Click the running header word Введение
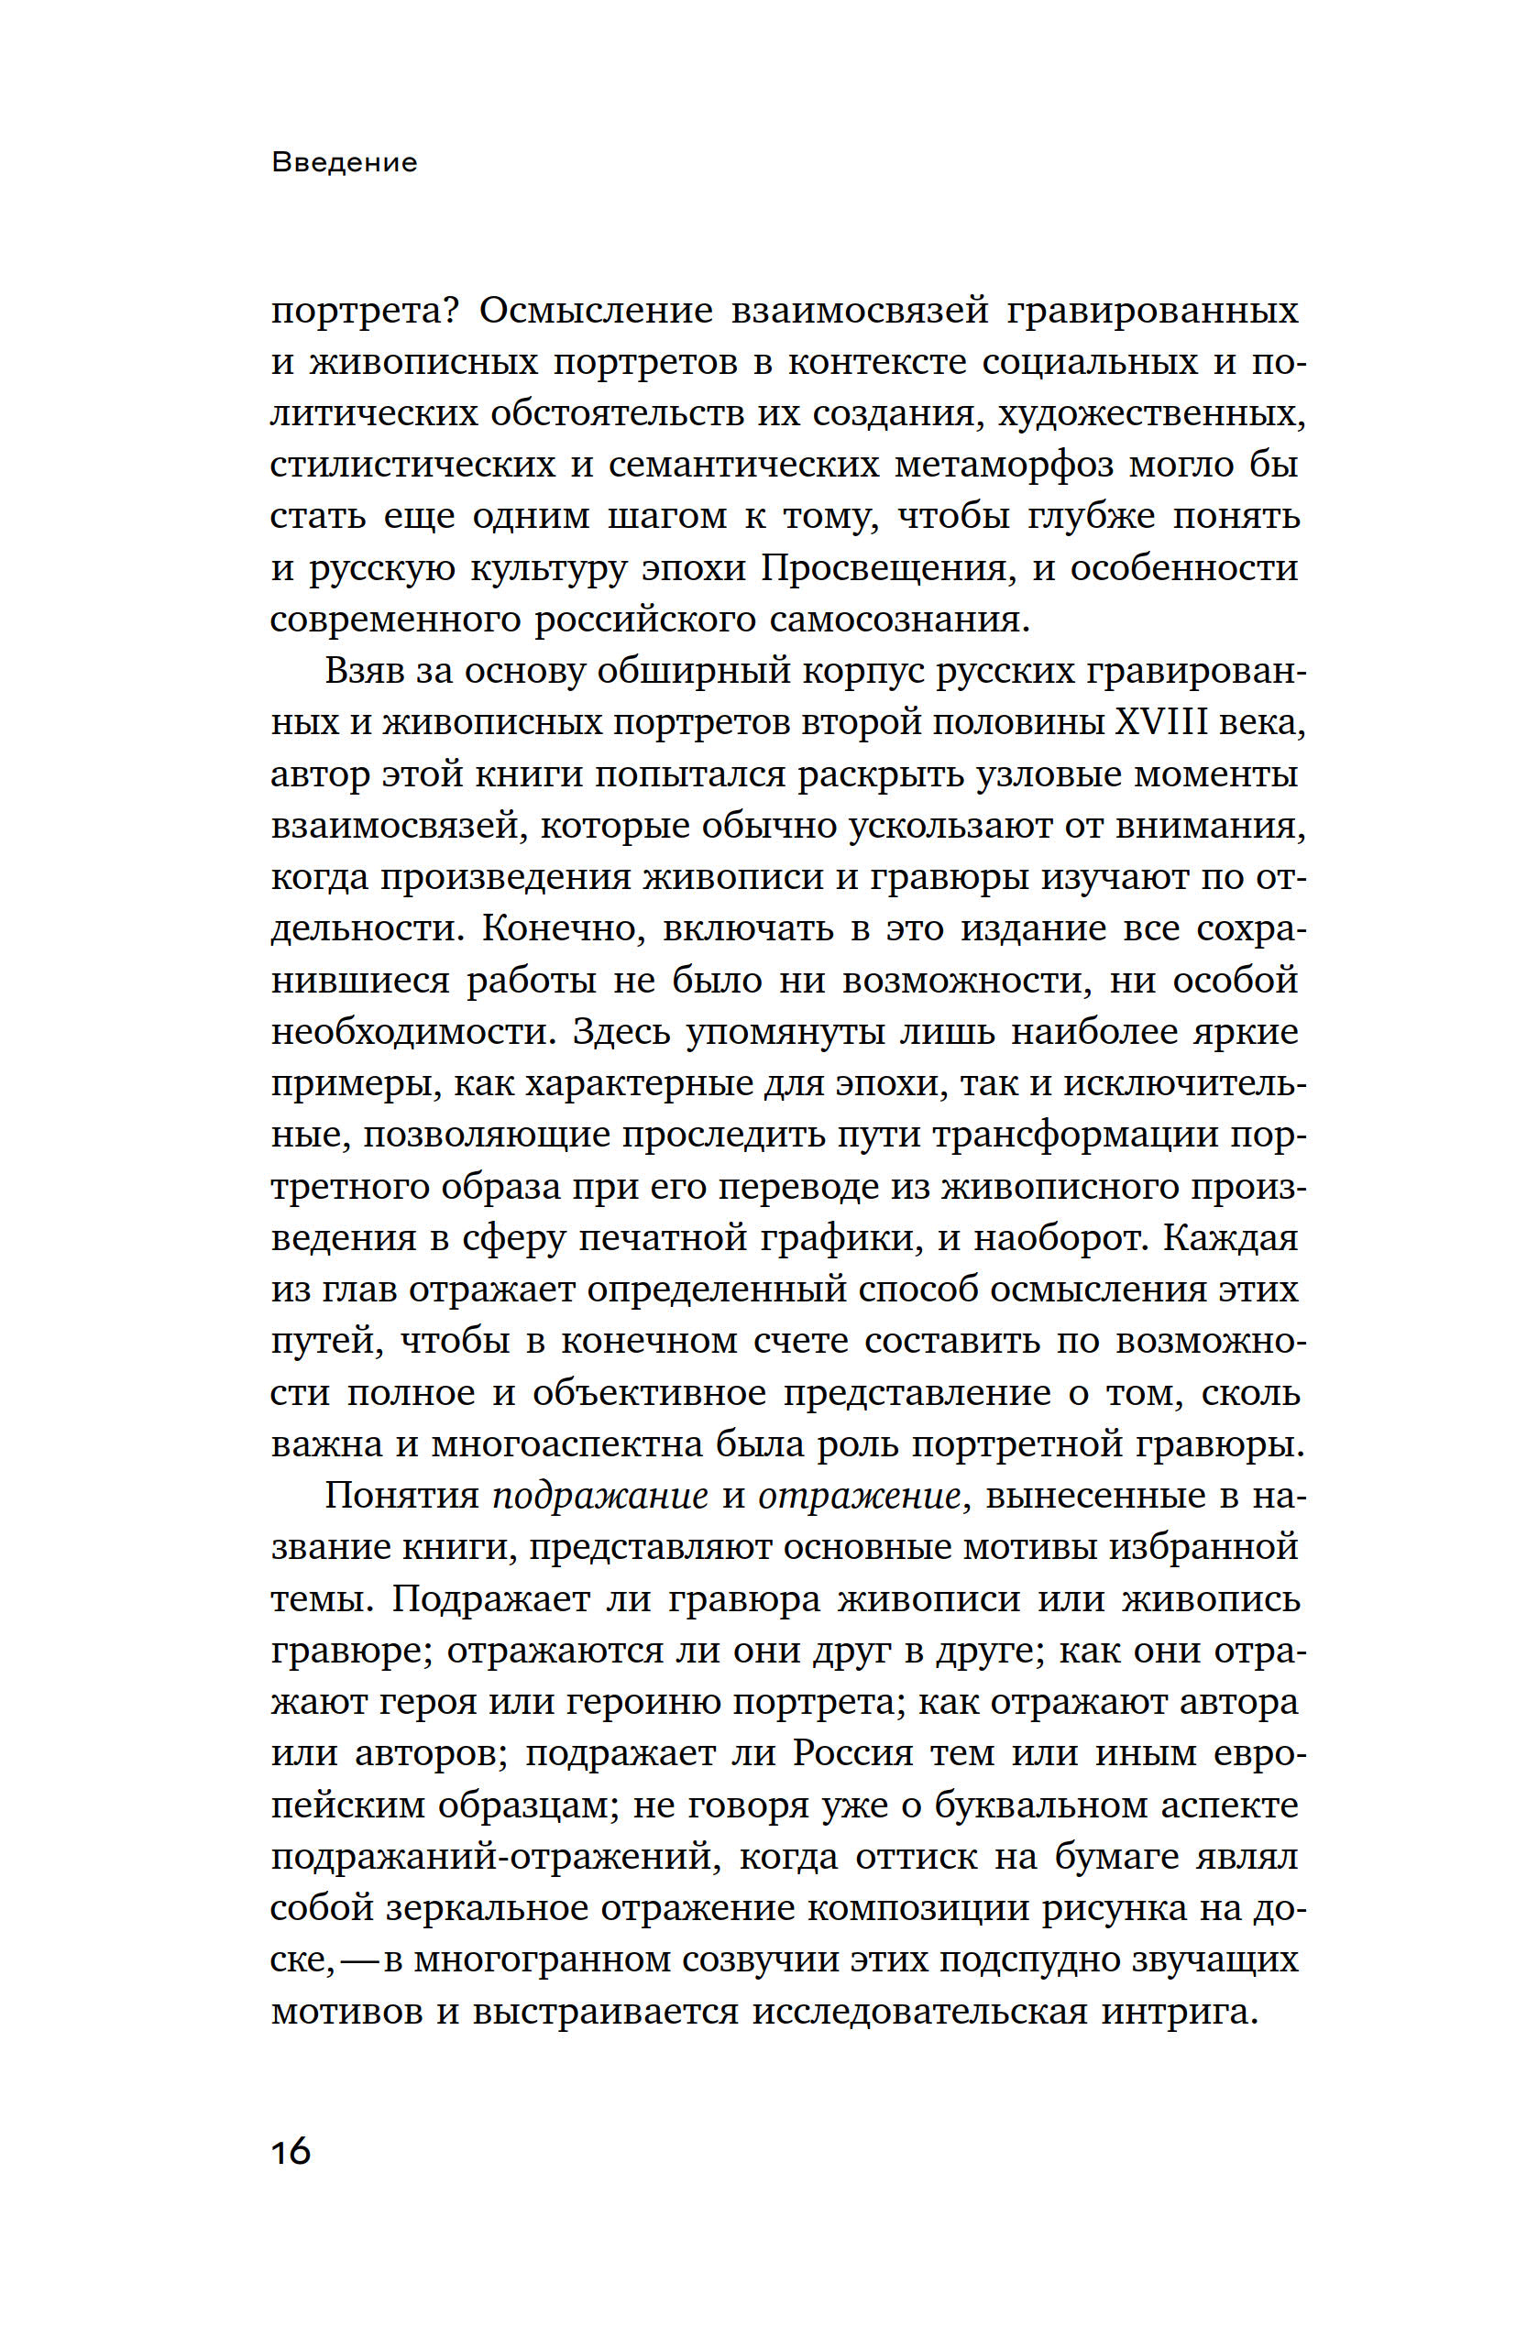(x=344, y=162)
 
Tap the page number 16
(x=291, y=2150)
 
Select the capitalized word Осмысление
(x=597, y=312)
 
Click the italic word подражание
(x=599, y=1495)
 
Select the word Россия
(x=854, y=1752)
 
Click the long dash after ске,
(x=358, y=1959)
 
